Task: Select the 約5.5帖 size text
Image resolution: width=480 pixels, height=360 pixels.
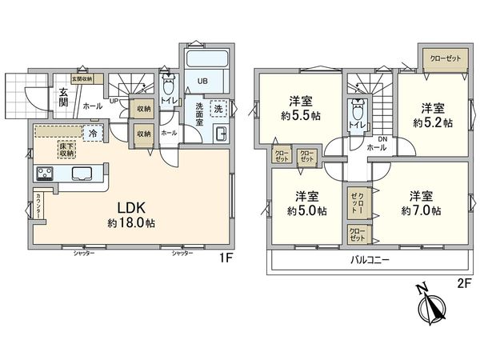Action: tap(302, 114)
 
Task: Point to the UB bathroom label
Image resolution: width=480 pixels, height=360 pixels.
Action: tap(203, 81)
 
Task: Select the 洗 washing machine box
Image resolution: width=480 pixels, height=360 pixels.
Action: tap(218, 108)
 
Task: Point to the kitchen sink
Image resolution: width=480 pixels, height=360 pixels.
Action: tap(83, 174)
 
